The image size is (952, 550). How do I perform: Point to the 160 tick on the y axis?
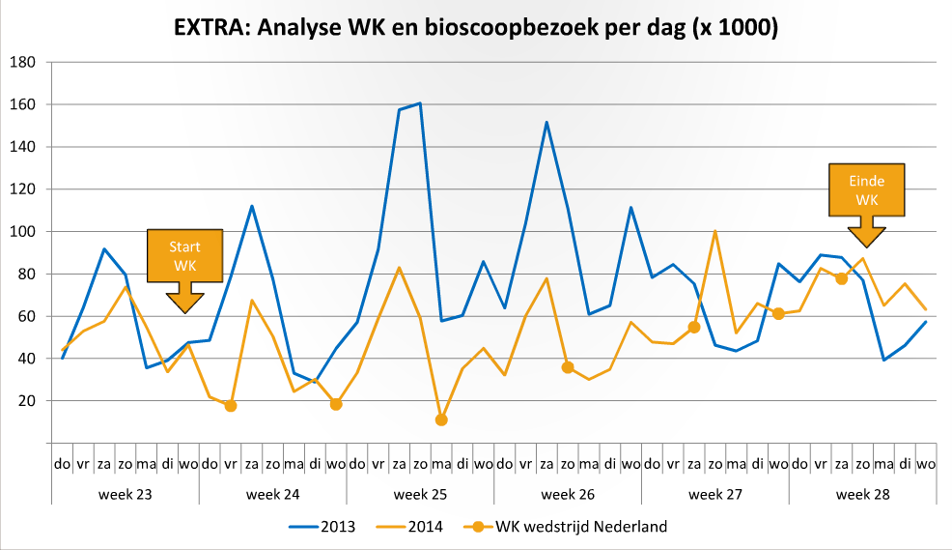(x=23, y=104)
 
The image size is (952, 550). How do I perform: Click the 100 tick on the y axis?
(x=23, y=232)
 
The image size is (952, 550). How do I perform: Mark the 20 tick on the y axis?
(x=27, y=401)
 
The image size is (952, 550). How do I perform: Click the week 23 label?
(x=126, y=494)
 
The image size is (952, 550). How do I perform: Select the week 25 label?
(x=420, y=494)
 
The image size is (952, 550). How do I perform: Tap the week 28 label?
(x=862, y=494)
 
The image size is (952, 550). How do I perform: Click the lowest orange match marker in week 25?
(x=441, y=420)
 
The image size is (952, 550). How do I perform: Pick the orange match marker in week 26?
(x=568, y=367)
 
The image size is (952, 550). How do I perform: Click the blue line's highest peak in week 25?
(x=420, y=102)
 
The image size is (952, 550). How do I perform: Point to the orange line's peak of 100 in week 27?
(x=714, y=231)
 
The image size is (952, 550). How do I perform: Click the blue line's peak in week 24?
(x=252, y=206)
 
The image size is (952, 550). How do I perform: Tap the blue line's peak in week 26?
(x=546, y=122)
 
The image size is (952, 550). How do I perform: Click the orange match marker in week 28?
(x=841, y=278)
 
